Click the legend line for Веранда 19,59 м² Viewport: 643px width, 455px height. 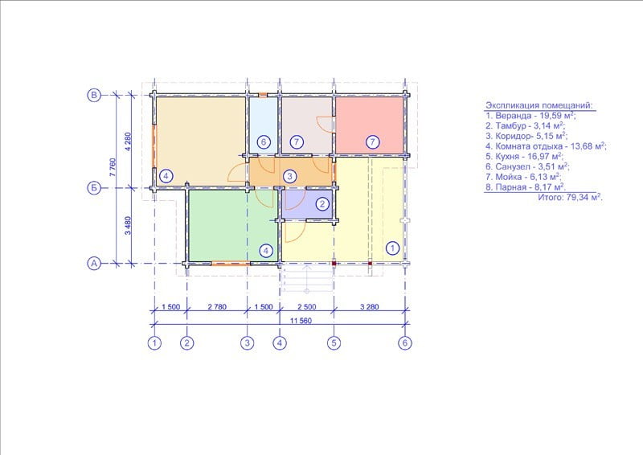pyautogui.click(x=530, y=116)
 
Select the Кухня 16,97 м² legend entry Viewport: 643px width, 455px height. pyautogui.click(x=525, y=156)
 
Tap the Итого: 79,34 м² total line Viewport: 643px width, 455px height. pyautogui.click(x=571, y=197)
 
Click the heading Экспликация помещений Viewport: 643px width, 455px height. pyautogui.click(x=539, y=105)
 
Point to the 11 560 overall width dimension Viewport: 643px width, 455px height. pyautogui.click(x=301, y=321)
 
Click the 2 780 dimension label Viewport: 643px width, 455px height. pyautogui.click(x=217, y=306)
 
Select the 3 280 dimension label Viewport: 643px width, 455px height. pyautogui.click(x=369, y=306)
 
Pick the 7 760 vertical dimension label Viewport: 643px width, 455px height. pyautogui.click(x=113, y=167)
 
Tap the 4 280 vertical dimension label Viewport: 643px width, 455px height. pyautogui.click(x=128, y=141)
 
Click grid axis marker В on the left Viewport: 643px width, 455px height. pyautogui.click(x=94, y=95)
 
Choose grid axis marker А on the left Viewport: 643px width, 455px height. pyautogui.click(x=94, y=263)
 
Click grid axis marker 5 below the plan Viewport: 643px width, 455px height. pyautogui.click(x=334, y=342)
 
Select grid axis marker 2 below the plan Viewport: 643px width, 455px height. pyautogui.click(x=187, y=342)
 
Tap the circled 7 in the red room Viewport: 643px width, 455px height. pyautogui.click(x=372, y=142)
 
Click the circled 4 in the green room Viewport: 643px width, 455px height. pyautogui.click(x=266, y=250)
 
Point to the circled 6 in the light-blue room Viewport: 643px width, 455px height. pyautogui.click(x=264, y=142)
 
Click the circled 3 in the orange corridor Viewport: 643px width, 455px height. pyautogui.click(x=289, y=176)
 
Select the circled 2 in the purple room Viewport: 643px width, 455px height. pyautogui.click(x=322, y=204)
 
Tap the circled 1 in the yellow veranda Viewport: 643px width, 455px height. pyautogui.click(x=392, y=248)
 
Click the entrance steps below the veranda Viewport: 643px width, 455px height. pyautogui.click(x=307, y=279)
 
